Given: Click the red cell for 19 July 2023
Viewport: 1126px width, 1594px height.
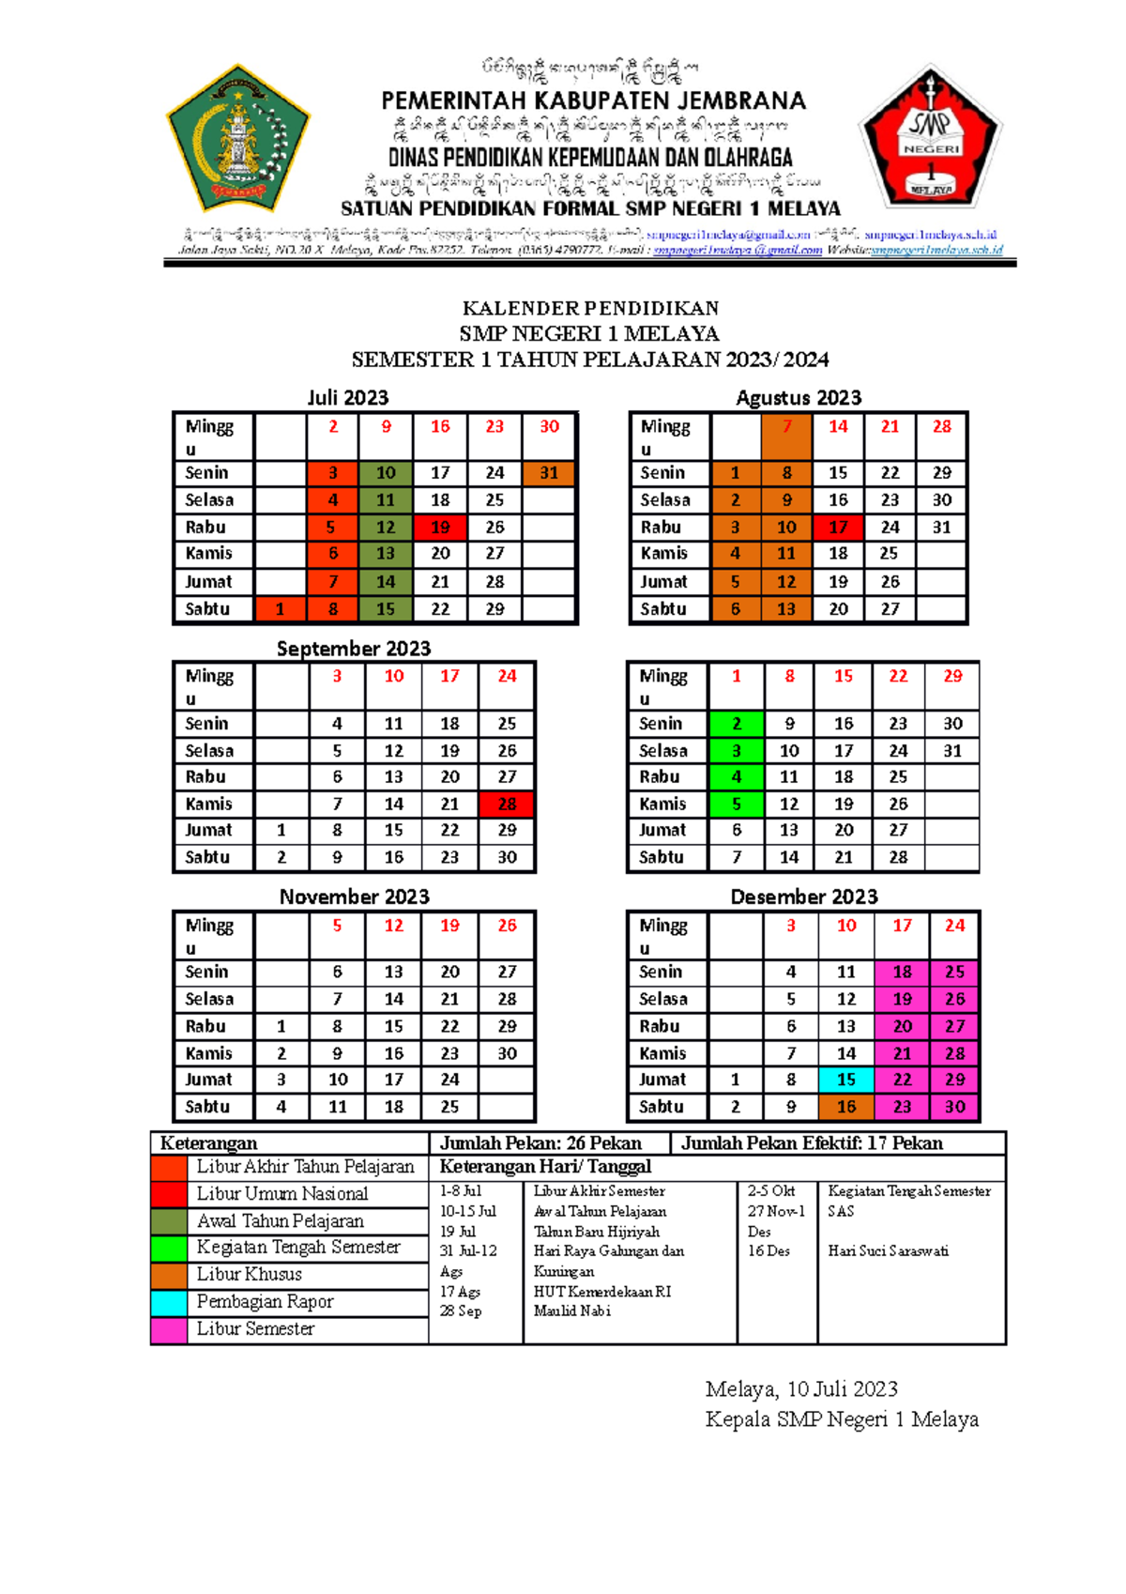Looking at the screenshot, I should coord(440,527).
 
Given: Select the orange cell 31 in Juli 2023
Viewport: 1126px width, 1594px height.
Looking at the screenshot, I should coord(549,473).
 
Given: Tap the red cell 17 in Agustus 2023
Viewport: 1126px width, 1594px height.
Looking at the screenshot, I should coord(838,527).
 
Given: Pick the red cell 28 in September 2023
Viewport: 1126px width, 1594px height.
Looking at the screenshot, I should coord(507,804).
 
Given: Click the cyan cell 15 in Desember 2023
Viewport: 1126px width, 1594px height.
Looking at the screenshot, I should coord(846,1080).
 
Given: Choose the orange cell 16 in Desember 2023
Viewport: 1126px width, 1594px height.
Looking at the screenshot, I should coord(846,1107).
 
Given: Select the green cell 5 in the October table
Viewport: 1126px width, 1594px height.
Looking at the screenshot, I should coord(737,804).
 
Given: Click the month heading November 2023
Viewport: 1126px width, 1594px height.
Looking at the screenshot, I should coord(354,897).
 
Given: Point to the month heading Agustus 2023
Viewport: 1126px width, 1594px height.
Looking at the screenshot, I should coord(798,398).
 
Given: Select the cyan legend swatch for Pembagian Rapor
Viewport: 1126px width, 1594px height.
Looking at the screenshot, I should coord(169,1302).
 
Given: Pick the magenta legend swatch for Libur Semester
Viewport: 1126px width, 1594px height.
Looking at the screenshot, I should coord(169,1329).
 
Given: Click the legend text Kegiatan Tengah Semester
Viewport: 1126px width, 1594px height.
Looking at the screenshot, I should coord(298,1248).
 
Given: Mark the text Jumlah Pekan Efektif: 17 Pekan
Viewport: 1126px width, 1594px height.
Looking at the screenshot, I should coord(812,1143).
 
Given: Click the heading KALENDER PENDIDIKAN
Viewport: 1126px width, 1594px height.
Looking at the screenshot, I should coord(590,308).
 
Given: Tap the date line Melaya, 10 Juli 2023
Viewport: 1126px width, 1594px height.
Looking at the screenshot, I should coord(801,1389).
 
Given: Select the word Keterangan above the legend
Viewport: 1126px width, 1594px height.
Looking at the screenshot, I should coord(208,1143).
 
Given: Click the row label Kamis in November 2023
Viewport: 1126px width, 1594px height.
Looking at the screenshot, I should coord(208,1053).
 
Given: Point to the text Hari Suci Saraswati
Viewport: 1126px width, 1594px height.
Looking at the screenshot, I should coord(888,1251).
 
